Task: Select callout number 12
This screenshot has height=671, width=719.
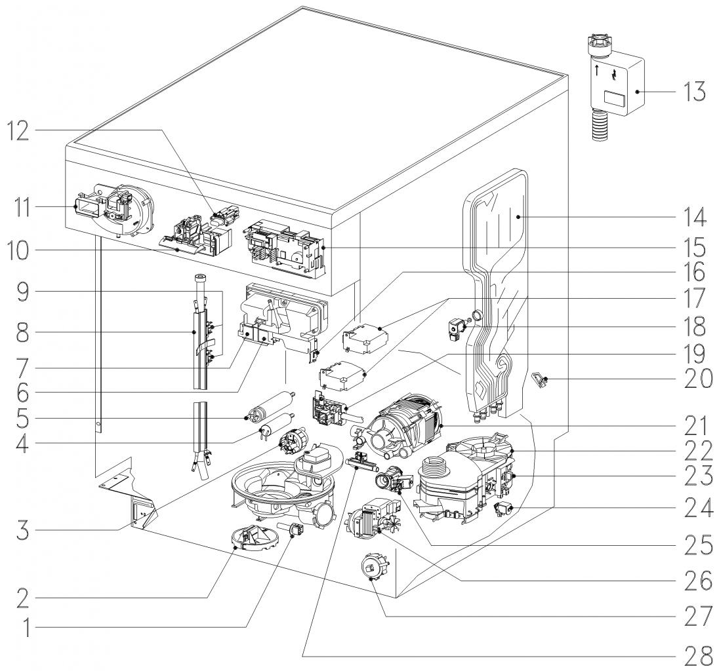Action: pyautogui.click(x=22, y=130)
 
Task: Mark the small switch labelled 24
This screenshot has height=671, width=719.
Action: pyautogui.click(x=503, y=508)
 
